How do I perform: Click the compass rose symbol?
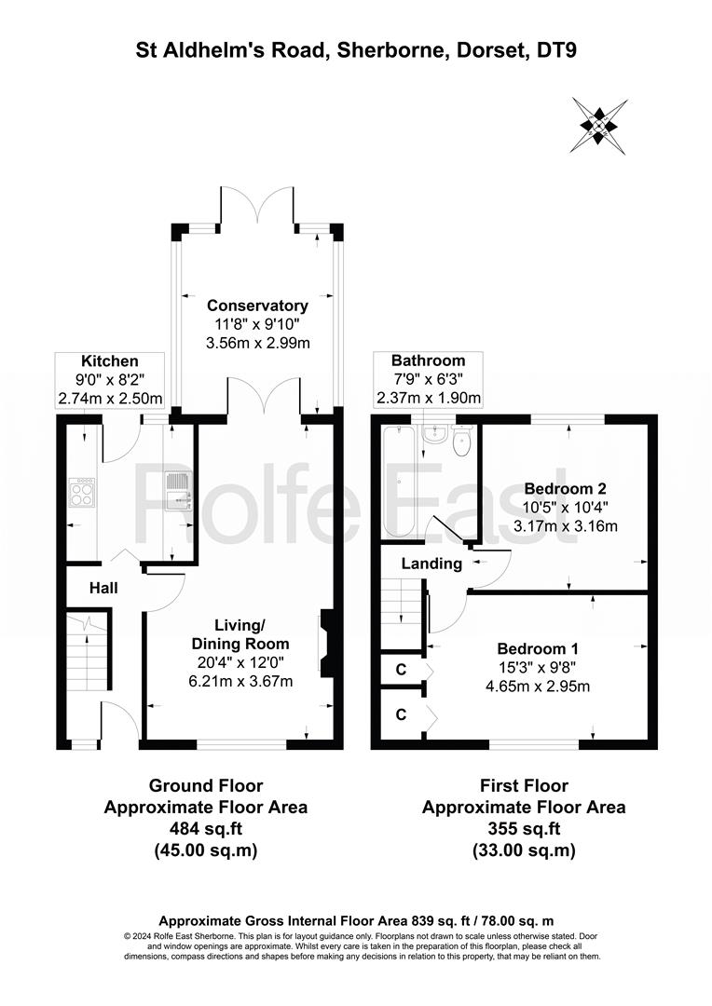coord(599,126)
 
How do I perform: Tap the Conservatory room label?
coord(257,306)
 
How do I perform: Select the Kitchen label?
coord(110,361)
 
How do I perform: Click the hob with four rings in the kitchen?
coord(82,493)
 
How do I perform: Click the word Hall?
coord(103,588)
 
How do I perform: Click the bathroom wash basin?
coord(434,434)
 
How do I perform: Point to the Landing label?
coord(431,564)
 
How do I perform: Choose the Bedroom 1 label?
coord(538,648)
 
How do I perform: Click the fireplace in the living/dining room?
coord(325,644)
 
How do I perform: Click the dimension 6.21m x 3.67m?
coord(240,681)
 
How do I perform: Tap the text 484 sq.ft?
coord(205,828)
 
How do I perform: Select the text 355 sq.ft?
coord(524,828)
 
